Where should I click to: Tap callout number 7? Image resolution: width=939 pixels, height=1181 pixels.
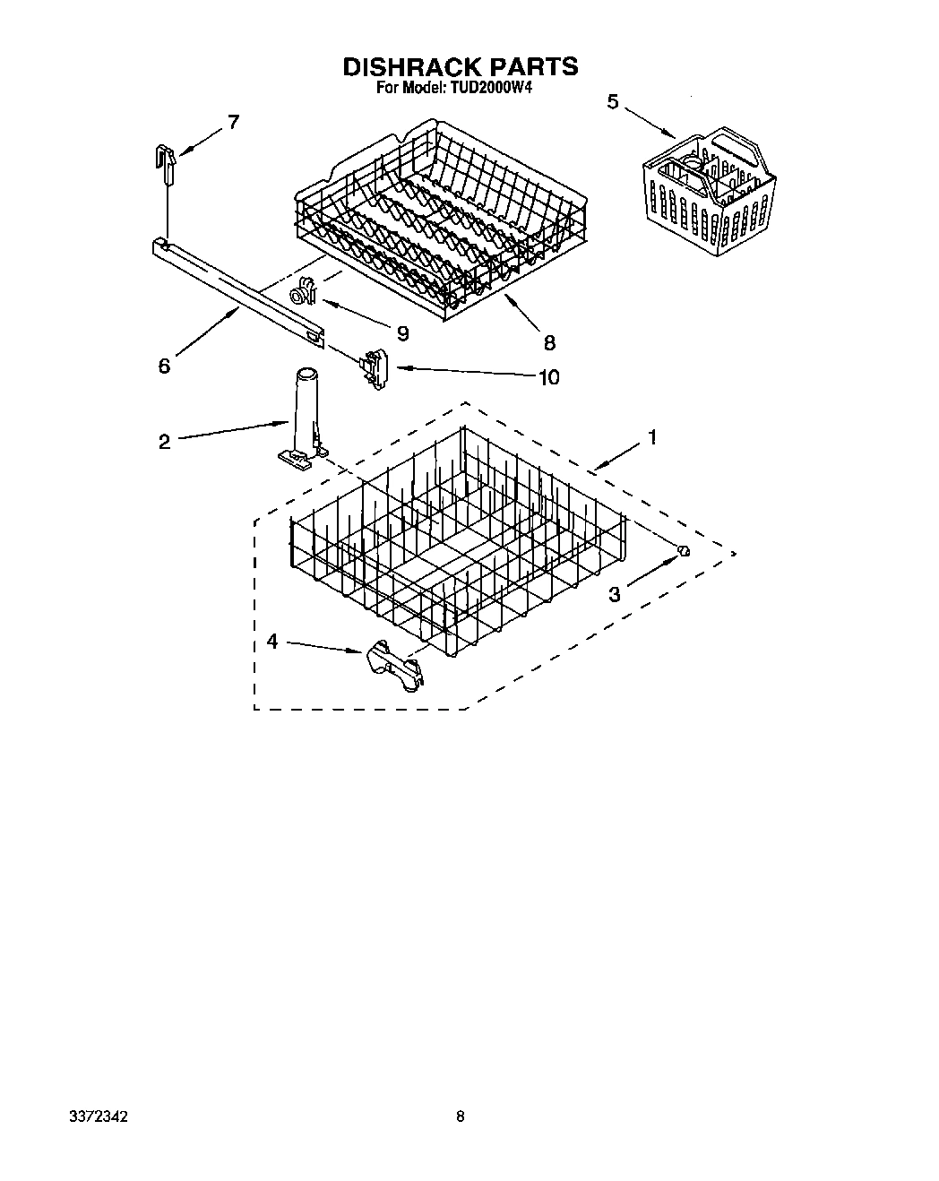tap(233, 122)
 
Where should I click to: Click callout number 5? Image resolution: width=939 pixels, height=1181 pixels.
tap(613, 101)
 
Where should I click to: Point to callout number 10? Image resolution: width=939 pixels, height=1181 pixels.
tap(547, 377)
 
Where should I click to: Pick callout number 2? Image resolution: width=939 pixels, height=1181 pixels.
tap(164, 442)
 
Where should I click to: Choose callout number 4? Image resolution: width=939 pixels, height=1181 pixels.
tap(272, 642)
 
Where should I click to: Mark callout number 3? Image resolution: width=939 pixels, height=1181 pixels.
tap(615, 595)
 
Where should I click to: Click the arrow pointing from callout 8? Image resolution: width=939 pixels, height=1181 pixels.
tap(520, 313)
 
